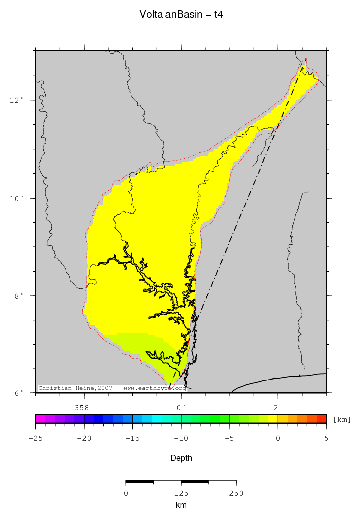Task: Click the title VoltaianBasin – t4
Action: tap(181, 15)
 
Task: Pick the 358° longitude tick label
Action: tap(84, 407)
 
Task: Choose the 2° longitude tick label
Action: tap(278, 407)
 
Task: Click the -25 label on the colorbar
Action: tap(35, 438)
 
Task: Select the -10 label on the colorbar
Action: tap(181, 438)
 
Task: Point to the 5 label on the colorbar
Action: tap(326, 438)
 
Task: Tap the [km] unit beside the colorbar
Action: tap(342, 419)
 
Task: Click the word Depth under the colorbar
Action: tap(181, 458)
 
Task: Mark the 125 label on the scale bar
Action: tap(181, 493)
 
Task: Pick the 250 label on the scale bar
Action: tap(236, 493)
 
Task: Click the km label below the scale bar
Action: tap(181, 505)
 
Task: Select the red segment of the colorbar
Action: tap(321, 419)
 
